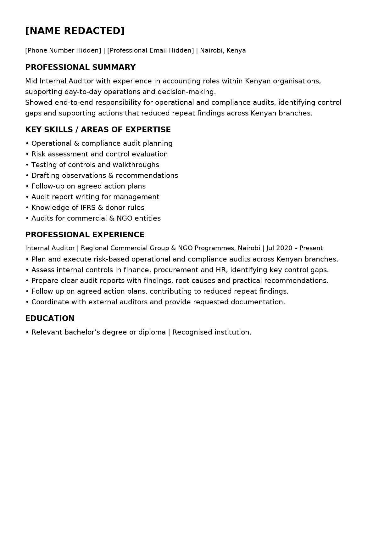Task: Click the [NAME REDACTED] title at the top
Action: [75, 31]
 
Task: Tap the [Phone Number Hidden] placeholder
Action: [63, 50]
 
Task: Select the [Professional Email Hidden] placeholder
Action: [150, 50]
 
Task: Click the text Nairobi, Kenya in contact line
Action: [223, 50]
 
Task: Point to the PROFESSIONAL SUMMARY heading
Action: [80, 67]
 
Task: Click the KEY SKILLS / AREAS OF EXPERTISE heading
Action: [98, 130]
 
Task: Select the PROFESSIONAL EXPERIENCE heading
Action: [85, 235]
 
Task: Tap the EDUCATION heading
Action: [50, 318]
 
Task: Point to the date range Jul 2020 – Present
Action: [294, 248]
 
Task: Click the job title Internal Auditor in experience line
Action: [50, 248]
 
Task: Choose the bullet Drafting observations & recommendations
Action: [104, 176]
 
